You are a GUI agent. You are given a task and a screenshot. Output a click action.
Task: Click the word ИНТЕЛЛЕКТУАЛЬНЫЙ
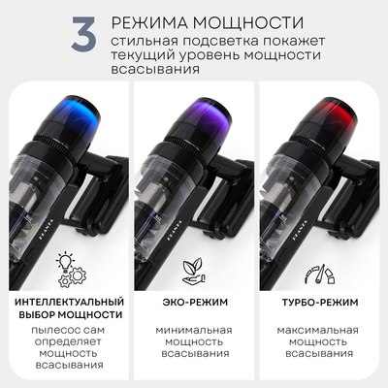69,302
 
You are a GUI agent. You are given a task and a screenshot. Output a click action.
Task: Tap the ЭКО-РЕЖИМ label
192,302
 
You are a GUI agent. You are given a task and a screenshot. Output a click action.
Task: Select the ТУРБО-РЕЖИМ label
320,302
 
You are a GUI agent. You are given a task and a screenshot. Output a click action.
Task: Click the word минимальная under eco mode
192,330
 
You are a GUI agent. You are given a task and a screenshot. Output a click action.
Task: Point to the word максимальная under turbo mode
320,330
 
